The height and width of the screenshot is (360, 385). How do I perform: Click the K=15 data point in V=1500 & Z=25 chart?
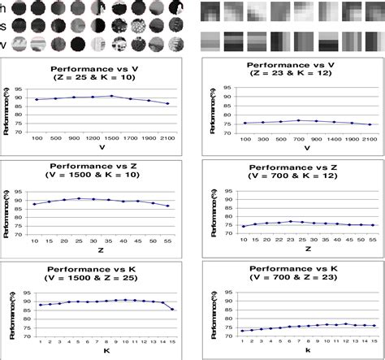[173, 310]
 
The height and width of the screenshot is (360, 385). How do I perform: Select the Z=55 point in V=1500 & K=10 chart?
[168, 206]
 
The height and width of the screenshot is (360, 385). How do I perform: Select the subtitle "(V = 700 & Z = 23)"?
[296, 284]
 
